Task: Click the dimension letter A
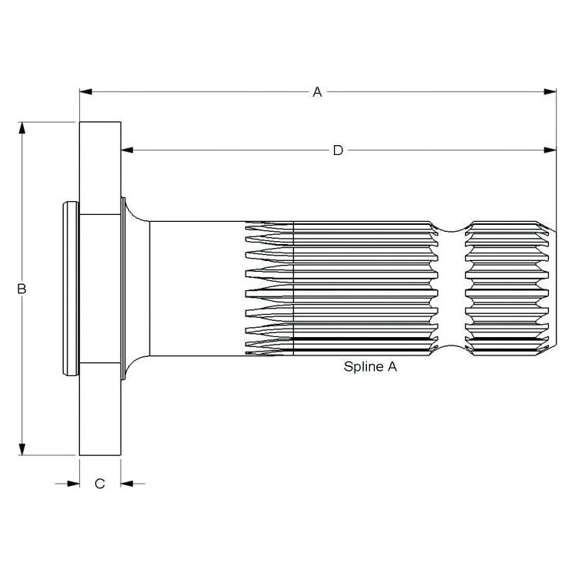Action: coord(316,92)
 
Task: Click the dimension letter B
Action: coord(22,289)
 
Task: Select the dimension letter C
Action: coord(100,483)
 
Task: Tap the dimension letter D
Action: coord(338,150)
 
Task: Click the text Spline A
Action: coord(370,367)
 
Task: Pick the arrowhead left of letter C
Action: coord(73,483)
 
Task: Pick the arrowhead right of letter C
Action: coord(127,483)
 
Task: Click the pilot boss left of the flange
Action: coord(69,289)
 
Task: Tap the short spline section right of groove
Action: coord(507,289)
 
